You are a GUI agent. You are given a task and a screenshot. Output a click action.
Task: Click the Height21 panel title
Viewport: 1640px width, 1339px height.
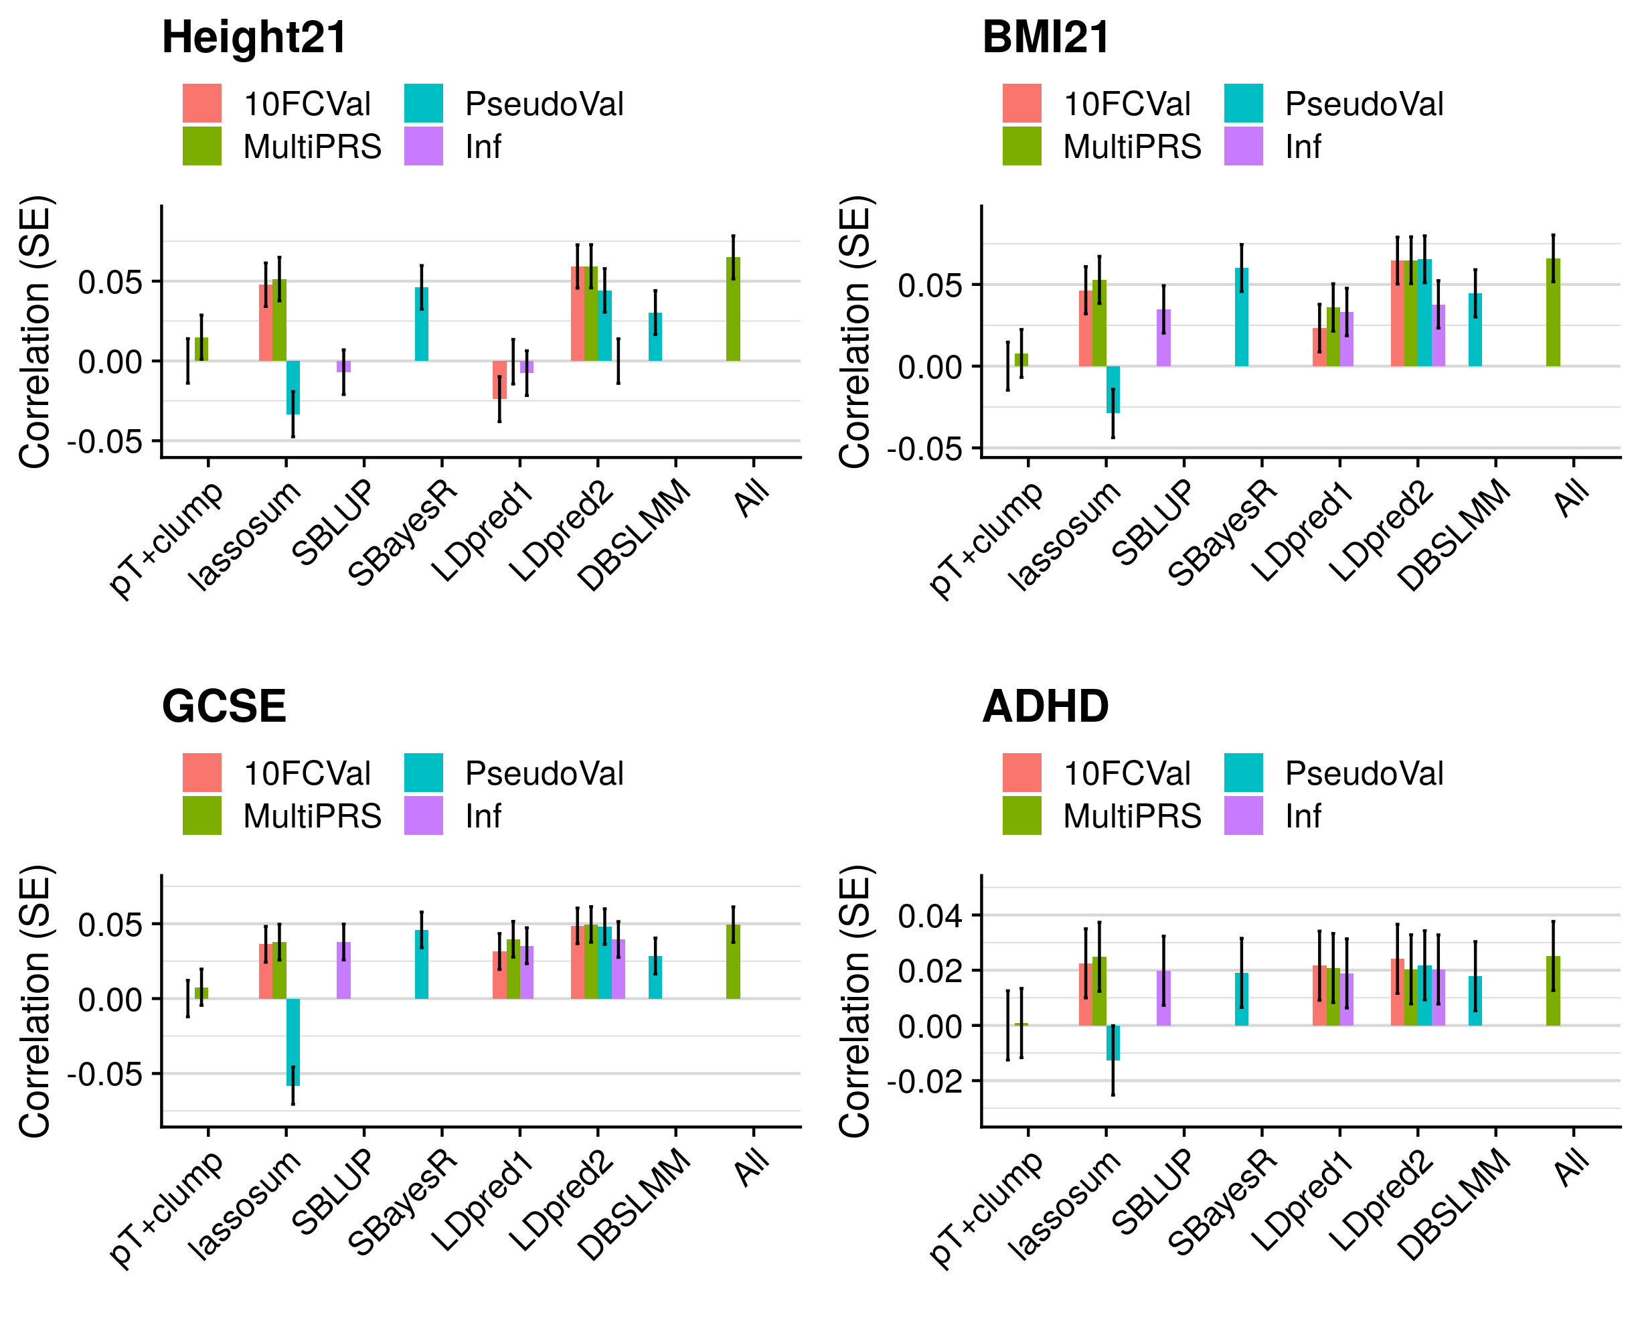click(x=254, y=37)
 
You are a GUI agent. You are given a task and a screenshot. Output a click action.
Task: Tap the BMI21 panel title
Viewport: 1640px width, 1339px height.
click(x=1046, y=37)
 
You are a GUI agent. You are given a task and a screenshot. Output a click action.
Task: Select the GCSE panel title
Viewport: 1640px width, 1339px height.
click(x=224, y=706)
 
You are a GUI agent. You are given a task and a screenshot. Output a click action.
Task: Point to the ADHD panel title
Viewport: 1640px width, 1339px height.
click(x=1046, y=706)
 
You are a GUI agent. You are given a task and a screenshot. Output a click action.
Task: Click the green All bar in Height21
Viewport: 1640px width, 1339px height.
click(x=733, y=309)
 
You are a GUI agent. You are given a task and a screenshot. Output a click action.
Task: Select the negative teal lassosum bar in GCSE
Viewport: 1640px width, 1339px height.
click(x=293, y=1042)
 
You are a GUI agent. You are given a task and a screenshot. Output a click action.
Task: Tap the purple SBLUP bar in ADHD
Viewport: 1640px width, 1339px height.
click(x=1163, y=998)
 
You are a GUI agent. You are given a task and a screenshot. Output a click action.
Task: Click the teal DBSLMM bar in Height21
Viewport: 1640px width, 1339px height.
click(x=655, y=337)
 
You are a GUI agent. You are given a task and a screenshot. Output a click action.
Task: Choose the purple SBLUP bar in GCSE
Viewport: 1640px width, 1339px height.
click(x=344, y=970)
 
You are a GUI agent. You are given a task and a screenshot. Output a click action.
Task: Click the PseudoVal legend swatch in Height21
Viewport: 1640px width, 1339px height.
click(x=423, y=103)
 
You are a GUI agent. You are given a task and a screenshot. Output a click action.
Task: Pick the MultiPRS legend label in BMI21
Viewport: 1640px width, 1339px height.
click(x=1132, y=147)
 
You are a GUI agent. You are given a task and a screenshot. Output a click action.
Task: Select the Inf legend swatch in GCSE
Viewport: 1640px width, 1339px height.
click(x=423, y=815)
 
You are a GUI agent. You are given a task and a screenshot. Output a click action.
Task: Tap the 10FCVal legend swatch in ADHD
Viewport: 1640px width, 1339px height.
click(x=1021, y=773)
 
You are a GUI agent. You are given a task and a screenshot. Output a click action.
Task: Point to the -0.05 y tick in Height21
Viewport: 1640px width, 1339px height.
click(x=105, y=442)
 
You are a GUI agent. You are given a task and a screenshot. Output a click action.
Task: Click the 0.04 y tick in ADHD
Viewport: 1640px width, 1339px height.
click(x=930, y=917)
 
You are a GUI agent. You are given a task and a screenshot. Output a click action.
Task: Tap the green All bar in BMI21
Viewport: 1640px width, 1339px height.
click(x=1553, y=313)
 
